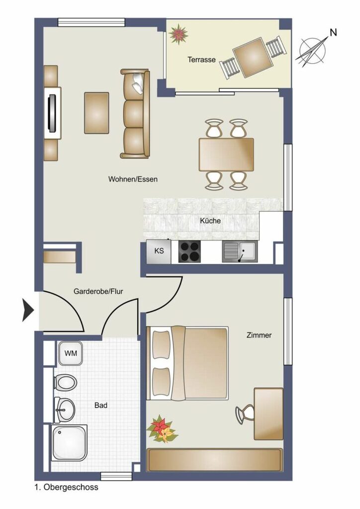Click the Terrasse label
click(x=201, y=60)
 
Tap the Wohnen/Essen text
click(x=133, y=179)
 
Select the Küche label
click(x=210, y=221)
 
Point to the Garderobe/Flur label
click(x=98, y=291)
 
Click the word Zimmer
click(x=259, y=335)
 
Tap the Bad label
click(x=100, y=405)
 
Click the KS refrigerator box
click(x=159, y=252)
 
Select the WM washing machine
click(x=71, y=353)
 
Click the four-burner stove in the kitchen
click(x=189, y=252)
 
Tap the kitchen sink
click(x=240, y=252)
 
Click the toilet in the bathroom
click(x=65, y=382)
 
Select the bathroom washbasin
click(x=65, y=410)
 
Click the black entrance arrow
click(x=28, y=310)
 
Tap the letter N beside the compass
click(x=333, y=32)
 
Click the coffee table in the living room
click(x=96, y=113)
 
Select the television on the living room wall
click(x=52, y=113)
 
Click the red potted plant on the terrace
click(x=178, y=34)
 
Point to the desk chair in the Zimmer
click(x=245, y=414)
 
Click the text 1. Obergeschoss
click(x=66, y=487)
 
